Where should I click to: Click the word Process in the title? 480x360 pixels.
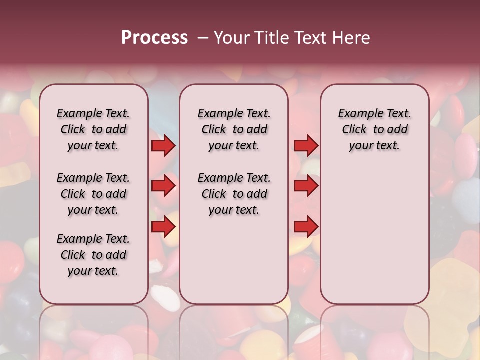click(x=154, y=37)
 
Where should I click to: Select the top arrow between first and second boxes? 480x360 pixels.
click(x=163, y=145)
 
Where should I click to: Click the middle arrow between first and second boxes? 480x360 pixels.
click(x=163, y=186)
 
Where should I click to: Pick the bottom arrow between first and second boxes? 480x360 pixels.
click(x=163, y=226)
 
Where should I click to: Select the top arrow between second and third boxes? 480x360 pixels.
click(x=306, y=145)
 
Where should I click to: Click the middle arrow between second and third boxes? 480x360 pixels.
click(x=306, y=186)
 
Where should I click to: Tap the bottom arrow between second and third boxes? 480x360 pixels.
click(x=306, y=226)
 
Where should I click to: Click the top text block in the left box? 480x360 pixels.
click(x=93, y=129)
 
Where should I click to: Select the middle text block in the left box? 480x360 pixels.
click(x=93, y=194)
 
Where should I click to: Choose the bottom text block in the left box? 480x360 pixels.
click(x=93, y=255)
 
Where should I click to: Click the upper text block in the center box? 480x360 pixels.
click(x=234, y=129)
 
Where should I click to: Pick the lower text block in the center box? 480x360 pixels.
click(x=234, y=194)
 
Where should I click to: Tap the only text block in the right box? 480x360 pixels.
click(x=374, y=129)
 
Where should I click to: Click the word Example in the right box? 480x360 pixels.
click(x=358, y=114)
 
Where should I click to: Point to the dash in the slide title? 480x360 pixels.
click(x=203, y=38)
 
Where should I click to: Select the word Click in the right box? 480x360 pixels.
click(x=354, y=130)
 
